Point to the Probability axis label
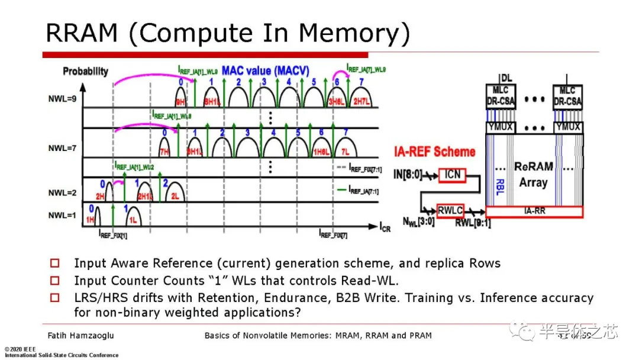86,71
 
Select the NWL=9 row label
63,99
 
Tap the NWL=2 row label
62,193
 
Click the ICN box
453,175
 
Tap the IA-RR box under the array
533,210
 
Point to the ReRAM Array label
533,174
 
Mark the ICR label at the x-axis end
385,227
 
